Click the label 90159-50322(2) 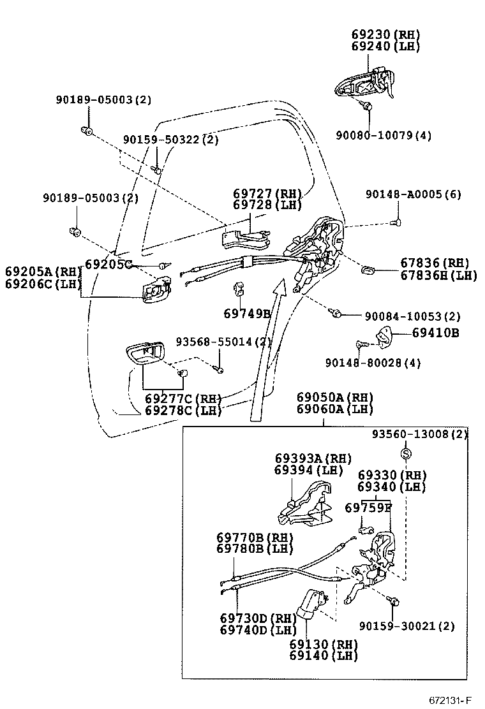click(170, 139)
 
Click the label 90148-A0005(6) click(413, 194)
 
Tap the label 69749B click(247, 313)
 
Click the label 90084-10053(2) click(412, 316)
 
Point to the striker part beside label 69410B click(383, 336)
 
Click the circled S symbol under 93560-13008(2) click(407, 453)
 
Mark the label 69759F click(368, 508)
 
